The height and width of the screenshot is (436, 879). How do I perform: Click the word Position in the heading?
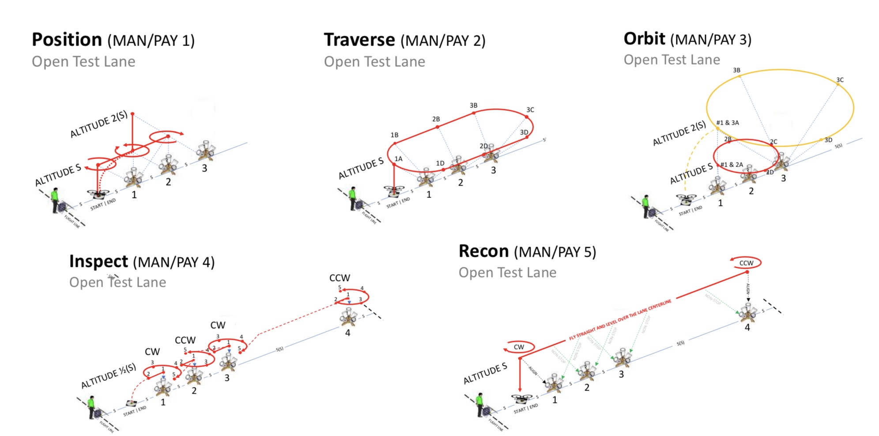pos(67,40)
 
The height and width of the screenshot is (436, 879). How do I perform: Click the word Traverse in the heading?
pos(359,40)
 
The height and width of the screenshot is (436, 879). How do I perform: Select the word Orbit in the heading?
pos(644,39)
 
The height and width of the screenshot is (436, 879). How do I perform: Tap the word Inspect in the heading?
pos(98,262)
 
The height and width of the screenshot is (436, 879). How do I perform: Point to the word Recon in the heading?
pos(483,251)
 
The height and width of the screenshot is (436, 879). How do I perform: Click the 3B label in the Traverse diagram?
pos(473,106)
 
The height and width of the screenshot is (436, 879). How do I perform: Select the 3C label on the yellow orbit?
pos(840,80)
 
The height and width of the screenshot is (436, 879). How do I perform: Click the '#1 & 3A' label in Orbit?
pos(727,123)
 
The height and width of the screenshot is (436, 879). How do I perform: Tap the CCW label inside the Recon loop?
pos(746,263)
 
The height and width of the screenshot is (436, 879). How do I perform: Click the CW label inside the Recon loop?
pos(519,347)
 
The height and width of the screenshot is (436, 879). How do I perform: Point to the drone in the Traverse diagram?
pos(394,191)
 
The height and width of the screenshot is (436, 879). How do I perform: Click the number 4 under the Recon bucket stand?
pos(747,328)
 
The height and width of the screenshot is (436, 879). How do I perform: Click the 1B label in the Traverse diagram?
pos(394,135)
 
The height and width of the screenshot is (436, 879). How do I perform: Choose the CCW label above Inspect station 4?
pos(340,278)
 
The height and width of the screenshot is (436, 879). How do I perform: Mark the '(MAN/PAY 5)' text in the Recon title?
pos(555,252)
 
